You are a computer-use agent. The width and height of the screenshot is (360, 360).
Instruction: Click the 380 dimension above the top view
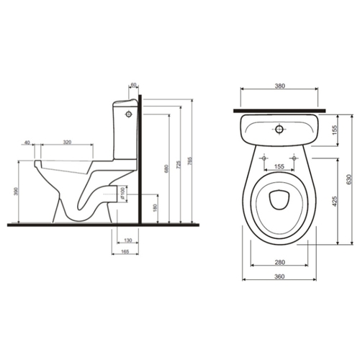pos(279,86)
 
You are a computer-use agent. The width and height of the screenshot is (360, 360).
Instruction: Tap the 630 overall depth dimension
pos(349,179)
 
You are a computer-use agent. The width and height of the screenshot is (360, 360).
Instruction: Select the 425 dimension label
pos(335,202)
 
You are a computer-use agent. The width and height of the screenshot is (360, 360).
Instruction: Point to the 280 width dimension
pos(279,262)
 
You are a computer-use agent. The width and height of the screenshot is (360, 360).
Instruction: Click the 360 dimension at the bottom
pos(279,276)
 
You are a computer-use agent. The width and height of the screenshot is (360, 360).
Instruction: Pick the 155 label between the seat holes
pos(279,166)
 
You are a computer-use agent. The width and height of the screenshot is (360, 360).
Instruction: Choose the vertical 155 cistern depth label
pos(335,130)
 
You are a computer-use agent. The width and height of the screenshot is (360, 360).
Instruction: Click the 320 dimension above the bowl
pos(67,142)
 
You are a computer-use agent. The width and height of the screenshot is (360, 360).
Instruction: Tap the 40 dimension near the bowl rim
pos(27,143)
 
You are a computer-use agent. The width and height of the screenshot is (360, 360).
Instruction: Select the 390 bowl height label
pos(16,192)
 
